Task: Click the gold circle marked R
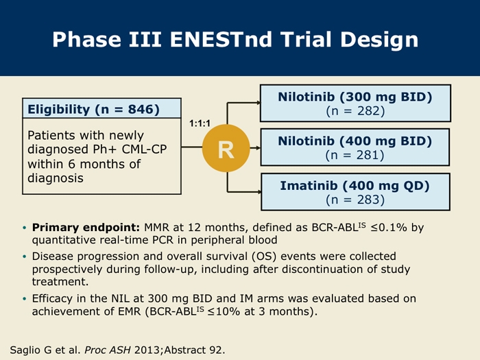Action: pyautogui.click(x=226, y=148)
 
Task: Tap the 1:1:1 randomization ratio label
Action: pyautogui.click(x=200, y=123)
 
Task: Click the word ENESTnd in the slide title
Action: pyautogui.click(x=221, y=40)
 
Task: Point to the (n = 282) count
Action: pyautogui.click(x=355, y=111)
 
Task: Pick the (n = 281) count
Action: pyautogui.click(x=355, y=155)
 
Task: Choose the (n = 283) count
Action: pyautogui.click(x=355, y=200)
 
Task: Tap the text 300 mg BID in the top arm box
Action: pyautogui.click(x=386, y=97)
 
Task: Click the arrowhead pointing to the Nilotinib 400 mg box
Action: pyautogui.click(x=259, y=148)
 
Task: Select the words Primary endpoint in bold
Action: pyautogui.click(x=86, y=228)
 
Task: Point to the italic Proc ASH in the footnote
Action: pyautogui.click(x=108, y=350)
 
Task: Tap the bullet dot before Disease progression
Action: pyautogui.click(x=25, y=256)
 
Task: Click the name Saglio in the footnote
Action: pyautogui.click(x=26, y=350)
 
